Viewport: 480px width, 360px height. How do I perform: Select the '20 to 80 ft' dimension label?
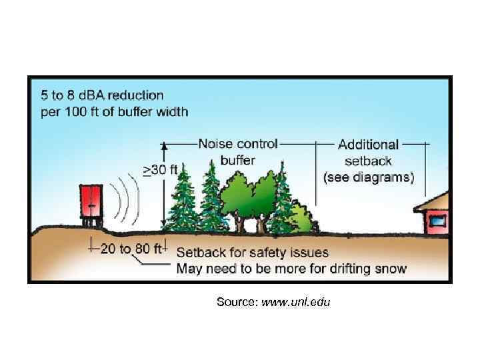click(131, 249)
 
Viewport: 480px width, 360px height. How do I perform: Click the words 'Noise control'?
click(238, 143)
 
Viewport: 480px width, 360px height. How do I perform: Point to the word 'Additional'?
click(368, 144)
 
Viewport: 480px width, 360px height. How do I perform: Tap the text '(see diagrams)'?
click(368, 177)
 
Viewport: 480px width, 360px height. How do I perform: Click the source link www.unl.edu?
click(296, 303)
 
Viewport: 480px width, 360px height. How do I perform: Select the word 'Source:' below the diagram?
click(237, 303)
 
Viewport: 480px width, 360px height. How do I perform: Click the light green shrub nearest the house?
click(302, 218)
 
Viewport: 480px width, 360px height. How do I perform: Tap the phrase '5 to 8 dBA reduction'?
click(102, 95)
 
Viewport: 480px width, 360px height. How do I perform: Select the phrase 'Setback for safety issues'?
click(252, 252)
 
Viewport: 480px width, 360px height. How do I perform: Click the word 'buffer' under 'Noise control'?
click(237, 160)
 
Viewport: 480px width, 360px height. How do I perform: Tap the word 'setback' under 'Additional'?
click(368, 161)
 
